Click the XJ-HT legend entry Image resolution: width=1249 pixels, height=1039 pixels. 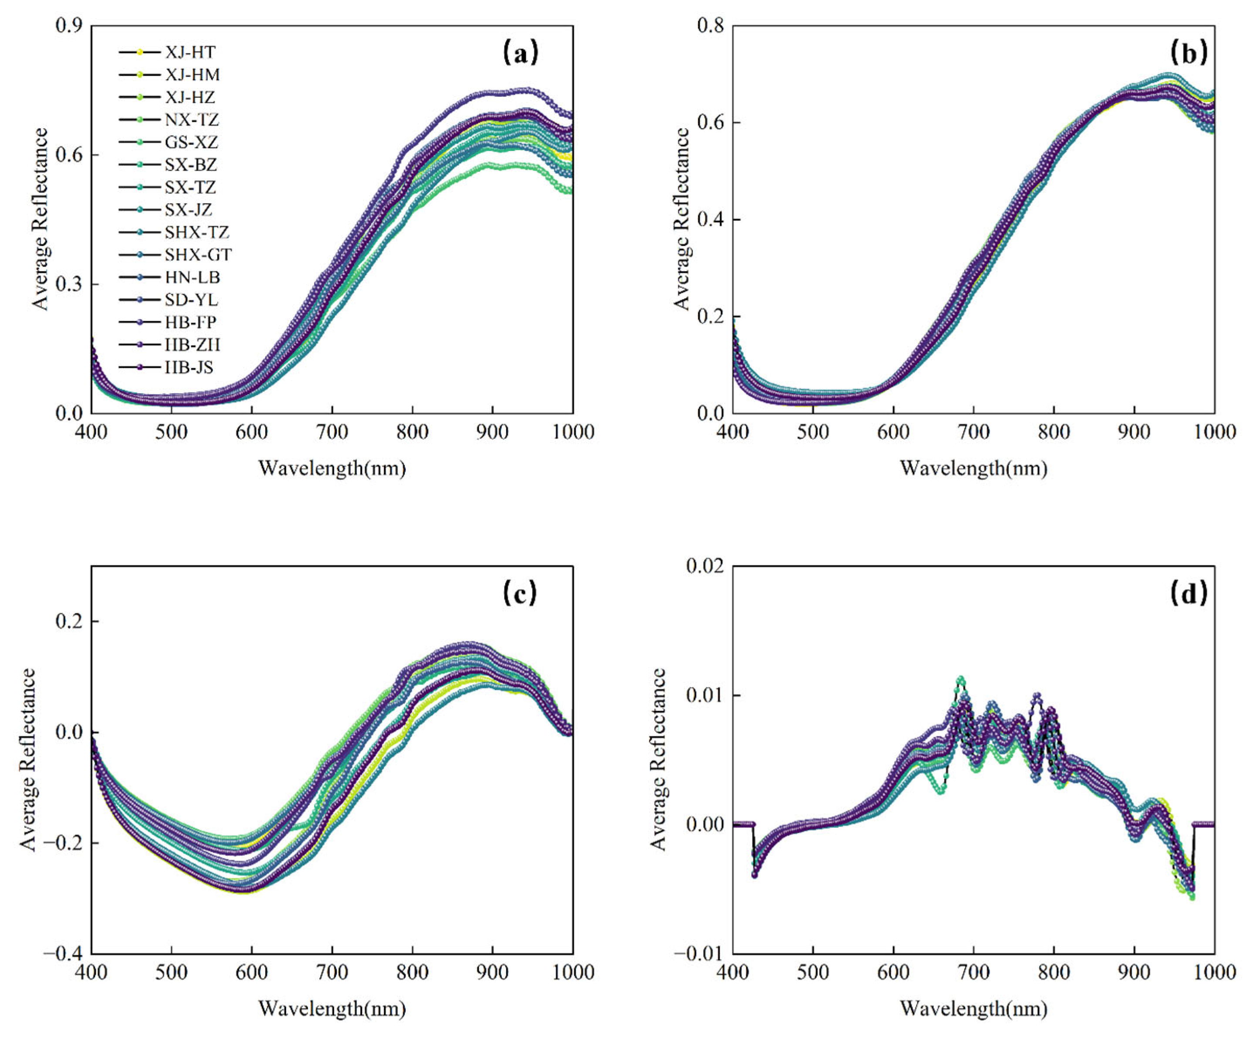pos(190,52)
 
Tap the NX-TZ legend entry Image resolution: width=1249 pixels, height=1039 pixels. pos(192,120)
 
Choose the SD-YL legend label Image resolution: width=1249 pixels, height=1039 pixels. pos(191,300)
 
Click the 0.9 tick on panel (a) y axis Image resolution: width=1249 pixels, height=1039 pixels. pos(69,26)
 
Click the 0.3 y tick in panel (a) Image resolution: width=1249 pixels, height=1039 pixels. pos(69,284)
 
